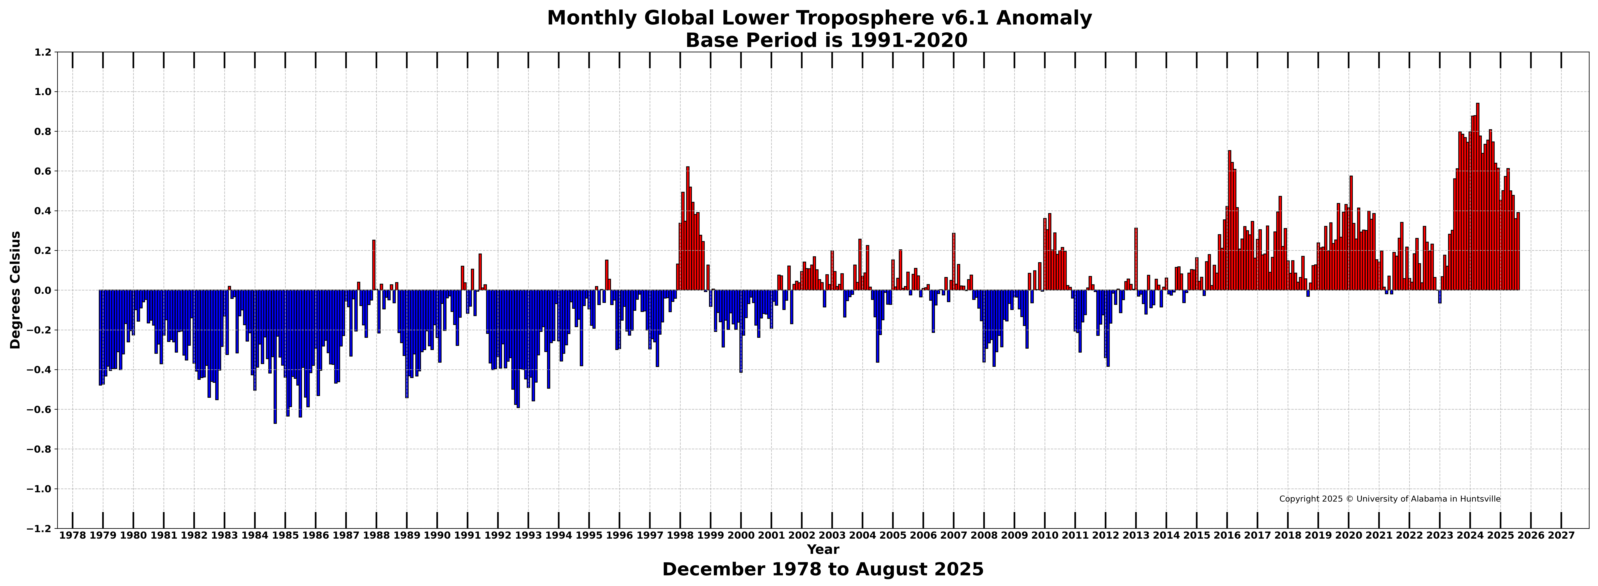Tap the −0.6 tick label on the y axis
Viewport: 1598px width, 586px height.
[38, 409]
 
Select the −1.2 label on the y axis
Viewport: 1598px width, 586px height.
[38, 528]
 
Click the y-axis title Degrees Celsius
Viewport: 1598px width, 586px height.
[16, 290]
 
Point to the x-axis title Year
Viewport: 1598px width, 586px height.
[822, 549]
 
